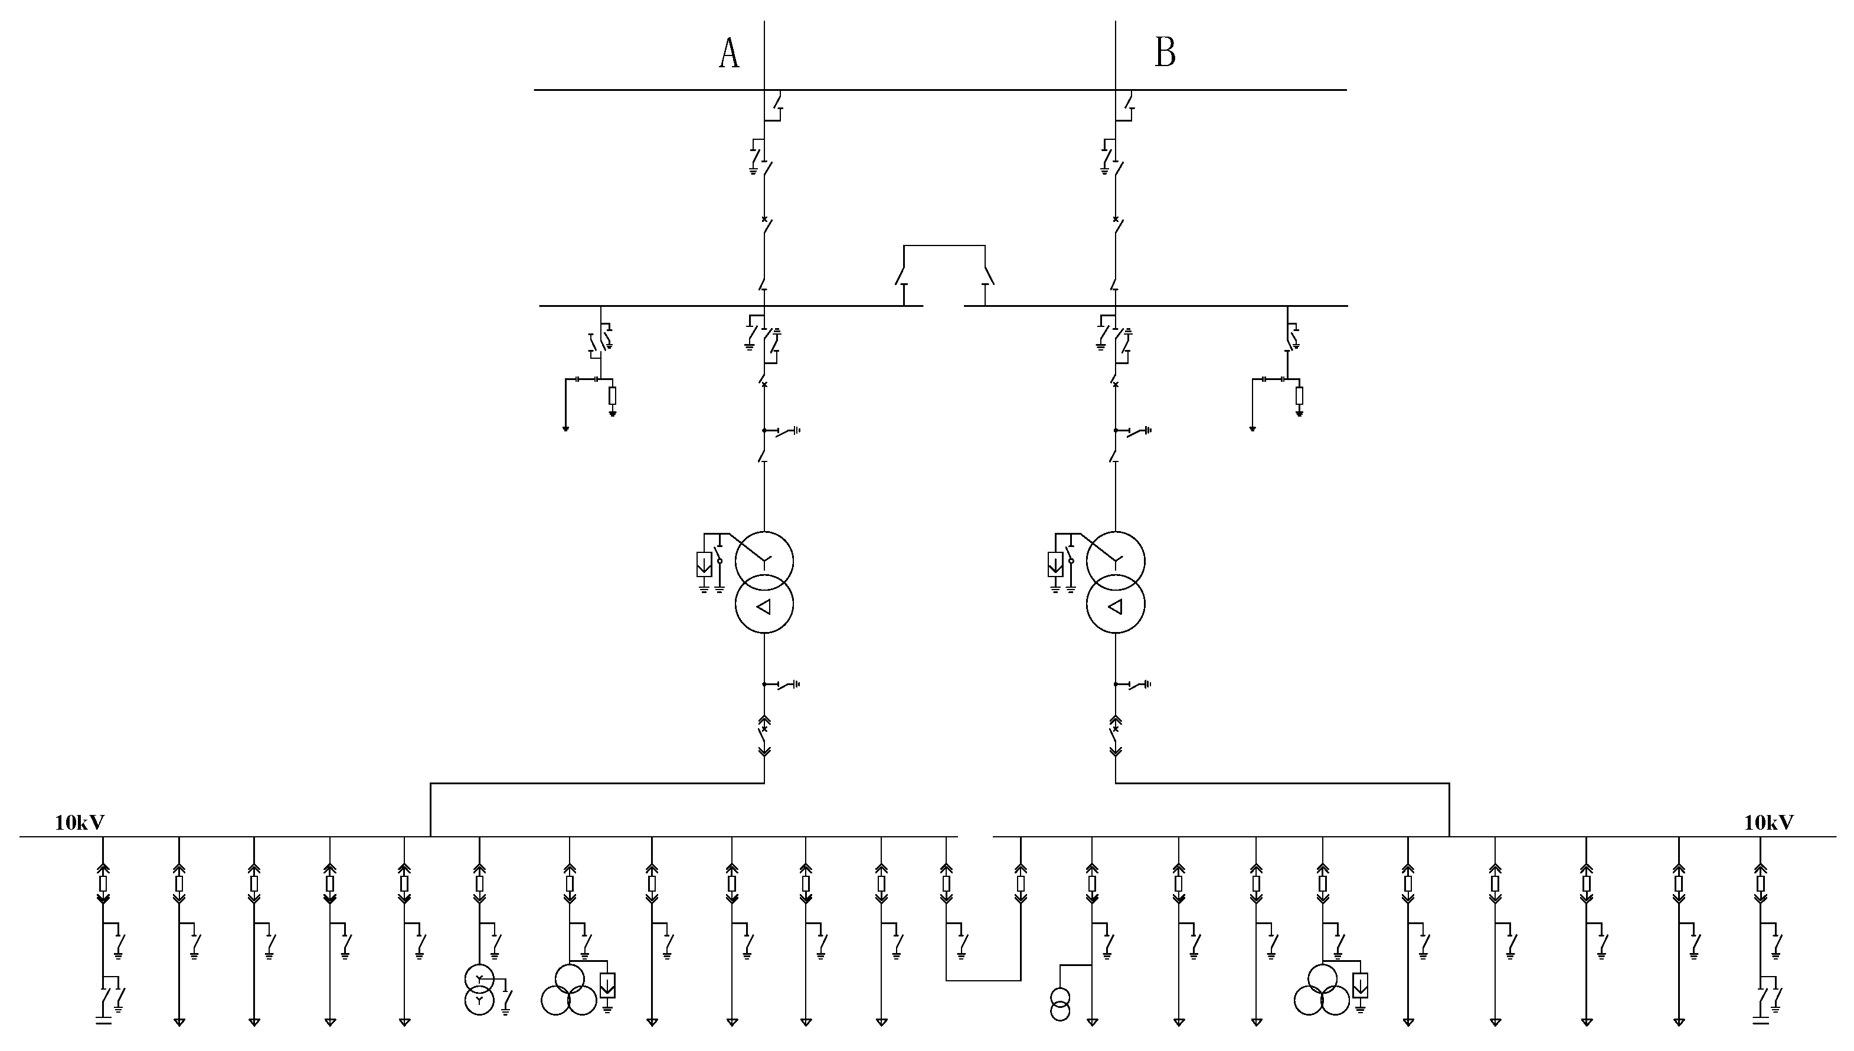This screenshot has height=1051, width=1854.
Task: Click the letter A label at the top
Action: click(729, 54)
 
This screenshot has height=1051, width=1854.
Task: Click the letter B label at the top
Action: click(1165, 53)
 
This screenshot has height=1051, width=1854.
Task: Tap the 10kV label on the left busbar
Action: click(80, 822)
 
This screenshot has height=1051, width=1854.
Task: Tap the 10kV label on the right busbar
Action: click(1769, 822)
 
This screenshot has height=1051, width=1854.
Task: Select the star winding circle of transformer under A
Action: click(764, 561)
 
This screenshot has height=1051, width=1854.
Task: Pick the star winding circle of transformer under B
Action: click(1116, 561)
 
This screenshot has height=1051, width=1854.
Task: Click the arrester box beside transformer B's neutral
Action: click(1055, 564)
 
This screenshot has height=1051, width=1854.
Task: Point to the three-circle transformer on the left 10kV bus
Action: click(569, 991)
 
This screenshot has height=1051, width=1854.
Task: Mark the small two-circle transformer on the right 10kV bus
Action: click(1060, 1004)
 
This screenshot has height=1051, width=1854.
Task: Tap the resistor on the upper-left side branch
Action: click(612, 395)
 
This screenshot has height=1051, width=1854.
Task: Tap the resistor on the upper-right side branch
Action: click(1299, 395)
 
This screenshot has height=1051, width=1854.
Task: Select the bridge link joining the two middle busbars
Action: click(944, 247)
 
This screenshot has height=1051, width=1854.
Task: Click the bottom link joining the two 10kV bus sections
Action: click(983, 980)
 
